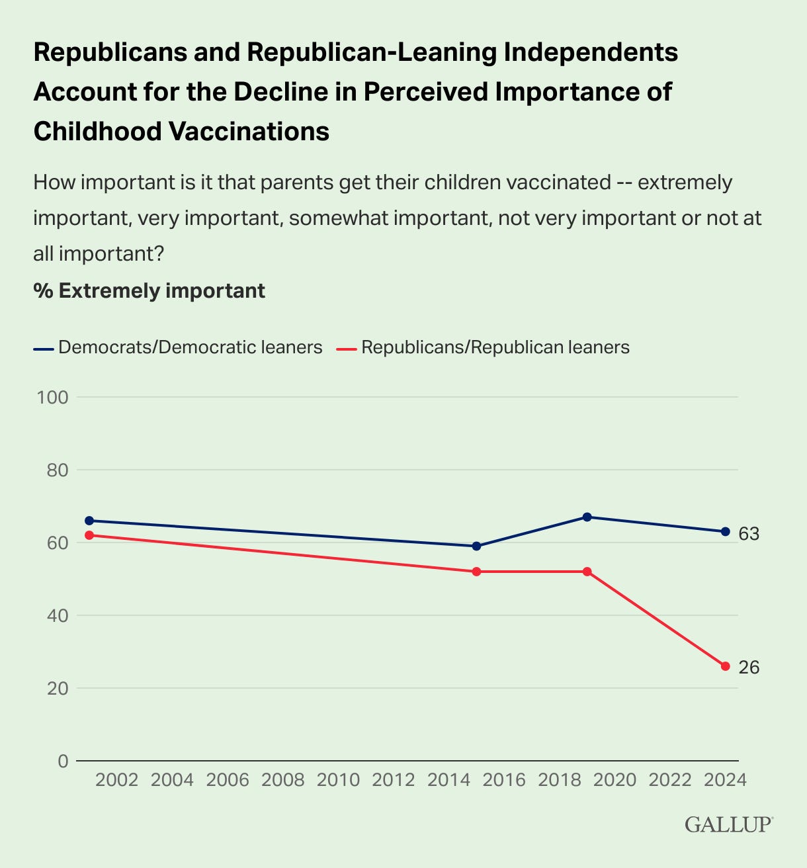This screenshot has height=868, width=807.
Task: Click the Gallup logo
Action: (x=729, y=824)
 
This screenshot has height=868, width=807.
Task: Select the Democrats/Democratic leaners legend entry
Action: (x=178, y=347)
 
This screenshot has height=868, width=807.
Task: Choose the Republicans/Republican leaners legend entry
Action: (x=483, y=347)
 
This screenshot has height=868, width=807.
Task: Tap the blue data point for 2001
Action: (x=89, y=521)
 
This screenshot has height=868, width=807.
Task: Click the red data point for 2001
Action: (x=89, y=535)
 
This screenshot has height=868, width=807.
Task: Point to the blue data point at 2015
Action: (x=476, y=546)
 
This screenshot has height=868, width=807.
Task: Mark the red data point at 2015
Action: (x=476, y=572)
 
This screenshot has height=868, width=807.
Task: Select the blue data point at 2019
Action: (x=587, y=517)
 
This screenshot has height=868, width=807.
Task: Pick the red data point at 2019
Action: (x=587, y=572)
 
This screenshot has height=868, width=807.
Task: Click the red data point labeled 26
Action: (x=725, y=666)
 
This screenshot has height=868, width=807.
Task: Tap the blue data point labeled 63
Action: (x=725, y=531)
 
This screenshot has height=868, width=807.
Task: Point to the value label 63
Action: (x=749, y=534)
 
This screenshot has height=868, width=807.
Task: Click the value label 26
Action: (x=749, y=668)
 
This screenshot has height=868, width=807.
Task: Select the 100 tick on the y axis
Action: (x=52, y=398)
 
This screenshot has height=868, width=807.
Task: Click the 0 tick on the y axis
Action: (x=64, y=761)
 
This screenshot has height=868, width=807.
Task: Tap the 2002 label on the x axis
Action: (x=116, y=780)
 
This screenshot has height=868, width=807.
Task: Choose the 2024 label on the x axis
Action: (x=725, y=780)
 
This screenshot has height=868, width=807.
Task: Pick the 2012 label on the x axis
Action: (x=394, y=780)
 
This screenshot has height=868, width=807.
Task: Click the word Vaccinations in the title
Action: (x=249, y=131)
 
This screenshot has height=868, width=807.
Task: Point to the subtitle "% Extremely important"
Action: (x=149, y=291)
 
